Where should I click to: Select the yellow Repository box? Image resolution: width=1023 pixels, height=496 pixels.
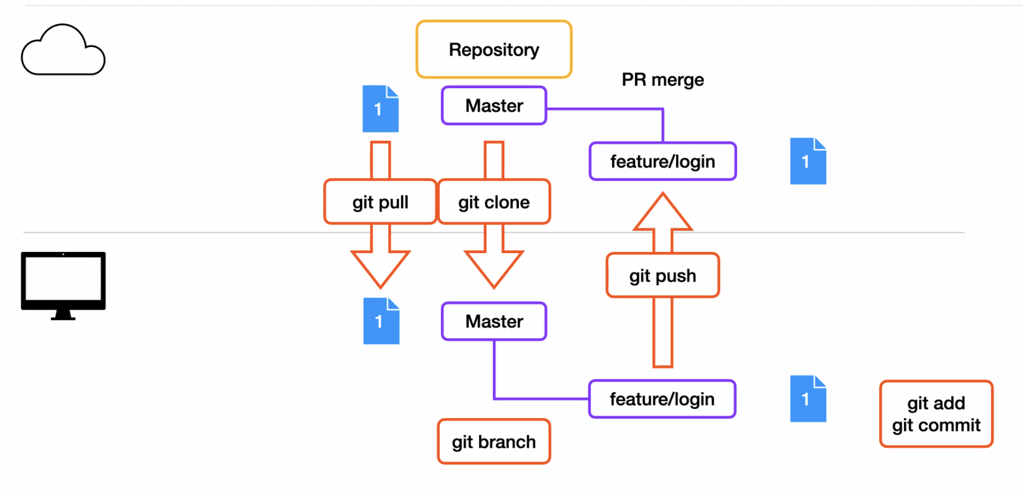[x=494, y=49]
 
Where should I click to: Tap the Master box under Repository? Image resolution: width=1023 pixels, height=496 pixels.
[x=494, y=105]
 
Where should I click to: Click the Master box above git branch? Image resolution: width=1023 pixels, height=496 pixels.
[x=494, y=322]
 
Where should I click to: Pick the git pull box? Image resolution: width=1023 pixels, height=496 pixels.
[x=380, y=202]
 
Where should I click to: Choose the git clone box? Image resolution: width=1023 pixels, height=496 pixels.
[x=494, y=202]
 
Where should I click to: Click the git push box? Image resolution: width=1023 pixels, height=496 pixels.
[x=663, y=275]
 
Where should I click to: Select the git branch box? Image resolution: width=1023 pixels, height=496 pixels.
[x=494, y=442]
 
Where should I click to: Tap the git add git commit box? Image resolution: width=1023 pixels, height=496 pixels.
[x=936, y=414]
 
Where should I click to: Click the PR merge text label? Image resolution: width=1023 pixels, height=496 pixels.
[x=663, y=80]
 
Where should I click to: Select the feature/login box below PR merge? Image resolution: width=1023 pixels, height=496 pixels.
[x=663, y=162]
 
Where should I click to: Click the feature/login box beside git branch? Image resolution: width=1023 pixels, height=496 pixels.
[x=662, y=399]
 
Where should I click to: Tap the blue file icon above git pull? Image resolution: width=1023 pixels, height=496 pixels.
[x=380, y=109]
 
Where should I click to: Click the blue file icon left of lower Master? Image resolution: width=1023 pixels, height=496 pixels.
[x=381, y=321]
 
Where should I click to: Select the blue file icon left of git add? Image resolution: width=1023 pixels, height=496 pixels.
[x=808, y=399]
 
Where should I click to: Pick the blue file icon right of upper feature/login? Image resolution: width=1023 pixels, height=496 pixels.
[x=808, y=161]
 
